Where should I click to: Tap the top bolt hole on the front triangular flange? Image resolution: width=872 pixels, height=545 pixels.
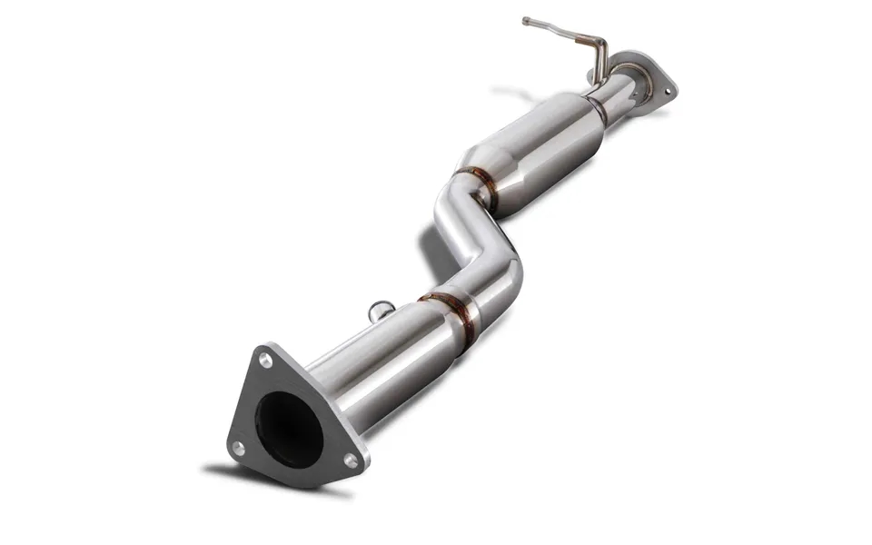coord(265,361)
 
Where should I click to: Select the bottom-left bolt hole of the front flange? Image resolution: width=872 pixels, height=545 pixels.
coord(238,447)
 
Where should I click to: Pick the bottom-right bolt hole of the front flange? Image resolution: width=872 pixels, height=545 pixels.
coord(352,461)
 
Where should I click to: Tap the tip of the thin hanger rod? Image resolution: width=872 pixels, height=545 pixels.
coord(526,20)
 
